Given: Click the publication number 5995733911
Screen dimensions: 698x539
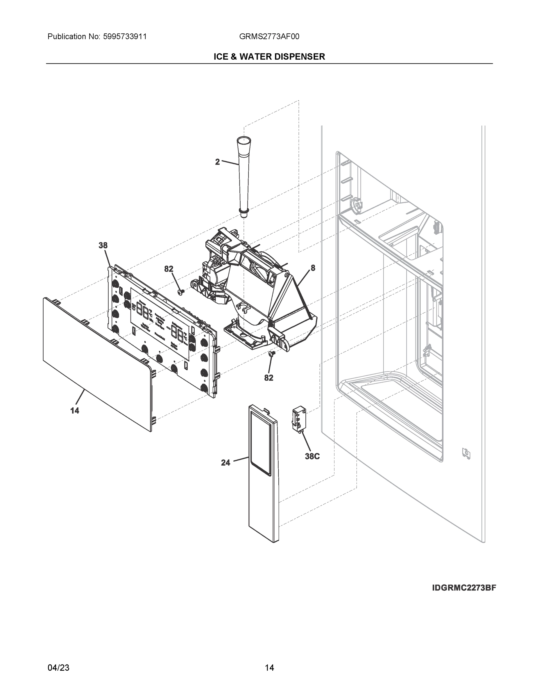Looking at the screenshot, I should (x=125, y=37).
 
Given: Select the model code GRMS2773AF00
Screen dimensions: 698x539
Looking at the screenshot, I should (x=269, y=37).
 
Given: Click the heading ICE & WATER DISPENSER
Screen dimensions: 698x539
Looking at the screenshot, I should (x=269, y=57).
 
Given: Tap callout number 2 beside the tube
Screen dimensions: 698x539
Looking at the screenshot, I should (x=217, y=162).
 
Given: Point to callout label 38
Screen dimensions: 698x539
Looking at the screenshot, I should (x=103, y=245).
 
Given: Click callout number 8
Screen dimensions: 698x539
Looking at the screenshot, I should (x=313, y=268).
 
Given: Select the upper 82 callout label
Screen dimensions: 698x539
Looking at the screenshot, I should (x=169, y=269).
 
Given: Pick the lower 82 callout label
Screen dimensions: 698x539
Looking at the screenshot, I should (x=268, y=378).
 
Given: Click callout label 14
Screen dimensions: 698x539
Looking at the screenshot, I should (x=75, y=411).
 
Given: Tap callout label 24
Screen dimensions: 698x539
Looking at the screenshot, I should (x=226, y=463).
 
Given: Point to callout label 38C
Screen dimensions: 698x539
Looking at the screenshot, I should (x=312, y=456).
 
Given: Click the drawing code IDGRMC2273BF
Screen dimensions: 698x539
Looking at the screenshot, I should (x=464, y=588).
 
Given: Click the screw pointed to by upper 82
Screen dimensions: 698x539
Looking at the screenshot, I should (x=181, y=291).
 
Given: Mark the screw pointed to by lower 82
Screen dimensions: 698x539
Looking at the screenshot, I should (x=272, y=353).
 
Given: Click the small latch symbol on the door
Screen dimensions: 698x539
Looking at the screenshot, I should (x=466, y=453).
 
